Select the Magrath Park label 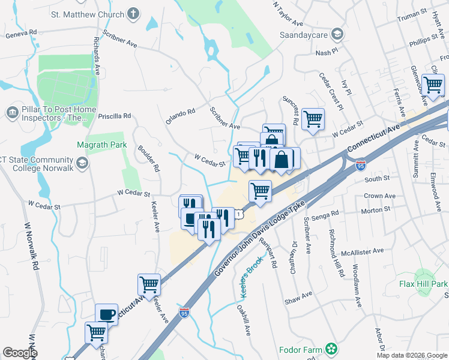click(102, 145)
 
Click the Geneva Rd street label click(21, 33)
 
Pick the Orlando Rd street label click(181, 116)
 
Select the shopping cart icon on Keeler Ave click(149, 283)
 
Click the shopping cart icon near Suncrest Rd click(313, 118)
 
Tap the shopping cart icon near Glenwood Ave click(433, 85)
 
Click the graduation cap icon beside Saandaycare click(337, 34)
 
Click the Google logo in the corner click(20, 353)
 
